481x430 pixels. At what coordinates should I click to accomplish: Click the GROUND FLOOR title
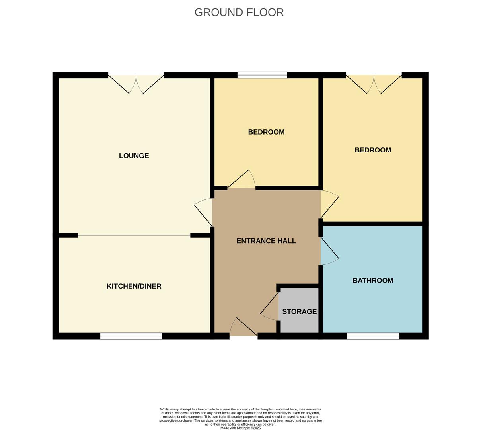(x=239, y=12)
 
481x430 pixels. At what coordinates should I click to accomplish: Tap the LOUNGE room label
(x=134, y=156)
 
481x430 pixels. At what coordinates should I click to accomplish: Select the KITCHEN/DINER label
(x=134, y=286)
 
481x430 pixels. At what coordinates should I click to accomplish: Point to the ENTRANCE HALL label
(x=266, y=241)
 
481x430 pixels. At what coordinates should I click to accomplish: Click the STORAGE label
(x=299, y=311)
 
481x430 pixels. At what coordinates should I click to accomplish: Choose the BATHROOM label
(x=373, y=280)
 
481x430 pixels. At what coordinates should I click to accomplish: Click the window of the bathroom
(x=373, y=336)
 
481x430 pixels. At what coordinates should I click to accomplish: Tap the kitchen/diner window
(x=131, y=336)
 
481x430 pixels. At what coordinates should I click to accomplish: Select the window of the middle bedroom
(x=262, y=75)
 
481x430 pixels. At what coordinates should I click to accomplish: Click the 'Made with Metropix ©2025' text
(x=240, y=428)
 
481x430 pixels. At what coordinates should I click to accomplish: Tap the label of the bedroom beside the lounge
(x=266, y=132)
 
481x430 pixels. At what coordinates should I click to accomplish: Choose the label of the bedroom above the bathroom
(x=373, y=150)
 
